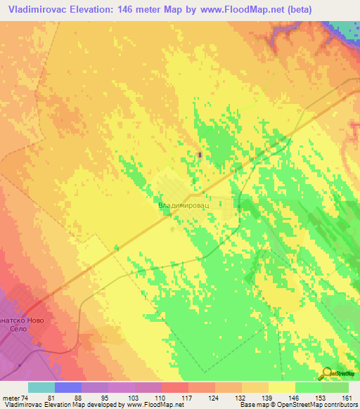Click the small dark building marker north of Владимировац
coord(200,155)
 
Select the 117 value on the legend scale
coord(188,398)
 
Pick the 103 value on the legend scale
coord(134,398)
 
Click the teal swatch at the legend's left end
coord(41,387)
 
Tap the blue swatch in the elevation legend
coord(68,387)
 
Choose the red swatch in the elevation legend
coord(174,387)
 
